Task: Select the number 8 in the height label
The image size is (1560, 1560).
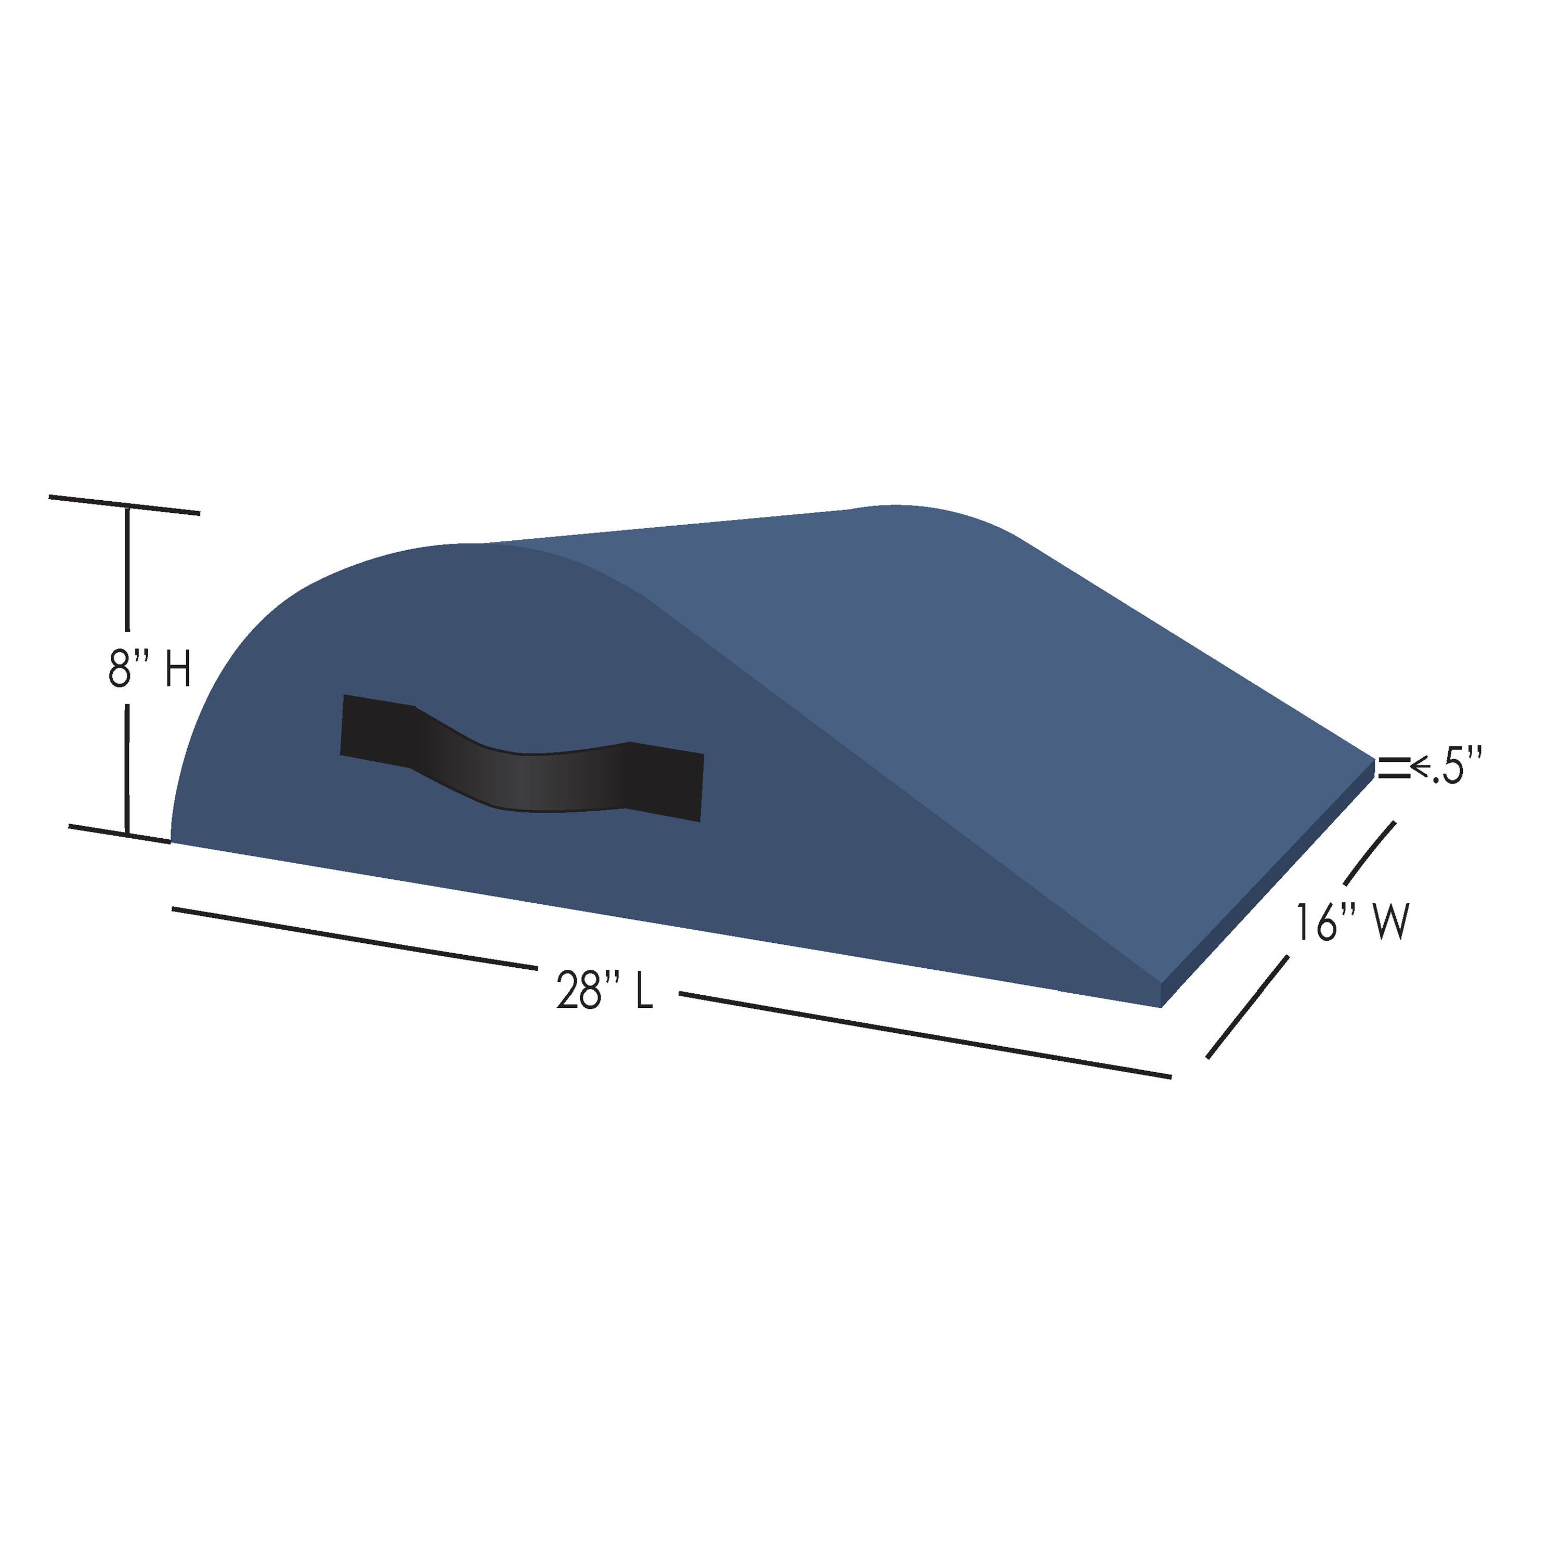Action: coord(120,670)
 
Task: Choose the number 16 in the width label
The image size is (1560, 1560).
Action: coord(1317,923)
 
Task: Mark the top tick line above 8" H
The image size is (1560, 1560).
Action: coord(124,504)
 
